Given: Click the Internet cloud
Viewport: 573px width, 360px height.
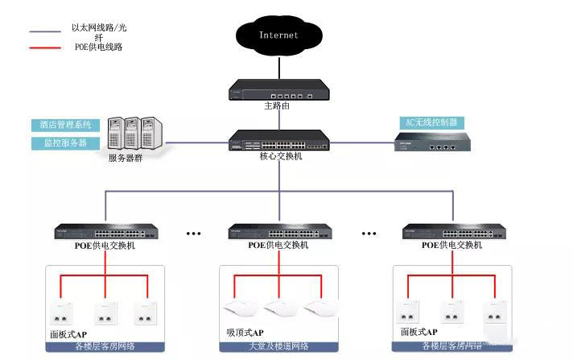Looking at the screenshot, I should (x=278, y=35).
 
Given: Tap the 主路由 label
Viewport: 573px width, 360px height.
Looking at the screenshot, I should (x=278, y=105).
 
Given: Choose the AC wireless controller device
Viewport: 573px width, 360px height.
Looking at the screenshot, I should (x=430, y=144).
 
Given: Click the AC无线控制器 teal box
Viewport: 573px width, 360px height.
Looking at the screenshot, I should (x=431, y=122).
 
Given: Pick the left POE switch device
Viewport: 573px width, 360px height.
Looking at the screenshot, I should (x=106, y=231).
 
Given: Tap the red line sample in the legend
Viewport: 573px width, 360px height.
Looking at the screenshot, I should (x=45, y=48).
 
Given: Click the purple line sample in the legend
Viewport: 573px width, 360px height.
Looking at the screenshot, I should (x=45, y=32).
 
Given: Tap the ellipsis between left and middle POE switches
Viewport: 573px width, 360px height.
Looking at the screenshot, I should (x=193, y=233).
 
